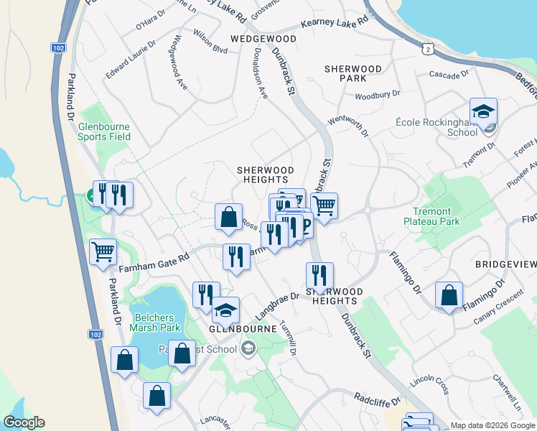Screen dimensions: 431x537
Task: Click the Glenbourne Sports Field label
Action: pyautogui.click(x=105, y=131)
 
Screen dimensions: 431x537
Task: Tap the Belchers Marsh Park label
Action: pyautogui.click(x=154, y=323)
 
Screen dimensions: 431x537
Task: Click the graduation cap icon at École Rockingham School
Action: pyautogui.click(x=484, y=111)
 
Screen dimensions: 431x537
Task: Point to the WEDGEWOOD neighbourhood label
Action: pyautogui.click(x=263, y=38)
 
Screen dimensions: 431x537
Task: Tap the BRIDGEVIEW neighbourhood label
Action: pyautogui.click(x=505, y=265)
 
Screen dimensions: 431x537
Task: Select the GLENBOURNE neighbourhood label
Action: pyautogui.click(x=243, y=328)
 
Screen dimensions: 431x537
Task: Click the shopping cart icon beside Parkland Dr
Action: pyautogui.click(x=103, y=251)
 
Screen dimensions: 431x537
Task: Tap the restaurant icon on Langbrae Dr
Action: pyautogui.click(x=319, y=275)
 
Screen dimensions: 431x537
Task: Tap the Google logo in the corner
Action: pyautogui.click(x=24, y=422)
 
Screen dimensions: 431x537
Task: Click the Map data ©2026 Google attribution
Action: pyautogui.click(x=492, y=425)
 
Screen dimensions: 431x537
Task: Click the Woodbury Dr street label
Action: pyautogui.click(x=377, y=96)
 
